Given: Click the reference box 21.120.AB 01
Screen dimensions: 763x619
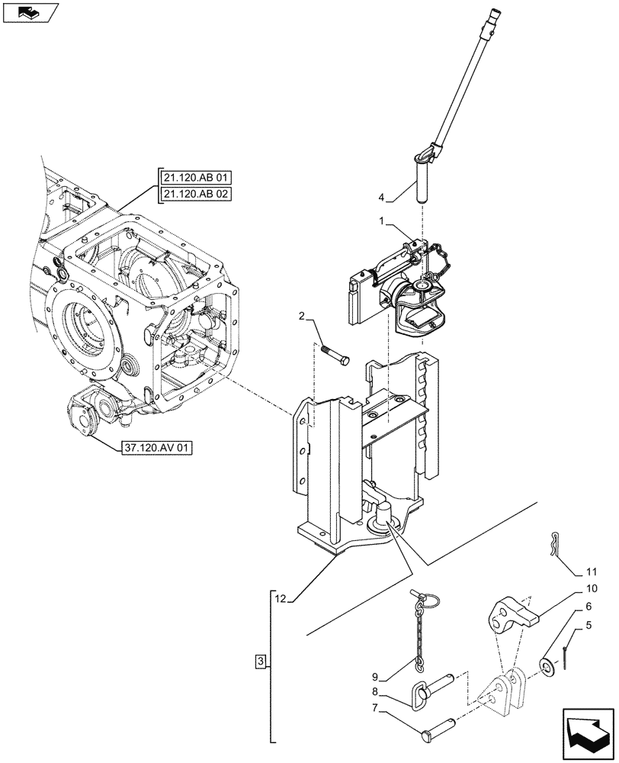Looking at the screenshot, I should pos(196,178).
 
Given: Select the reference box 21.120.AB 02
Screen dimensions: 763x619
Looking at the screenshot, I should pos(196,194).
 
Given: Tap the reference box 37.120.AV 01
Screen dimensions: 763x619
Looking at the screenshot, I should pos(155,448).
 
